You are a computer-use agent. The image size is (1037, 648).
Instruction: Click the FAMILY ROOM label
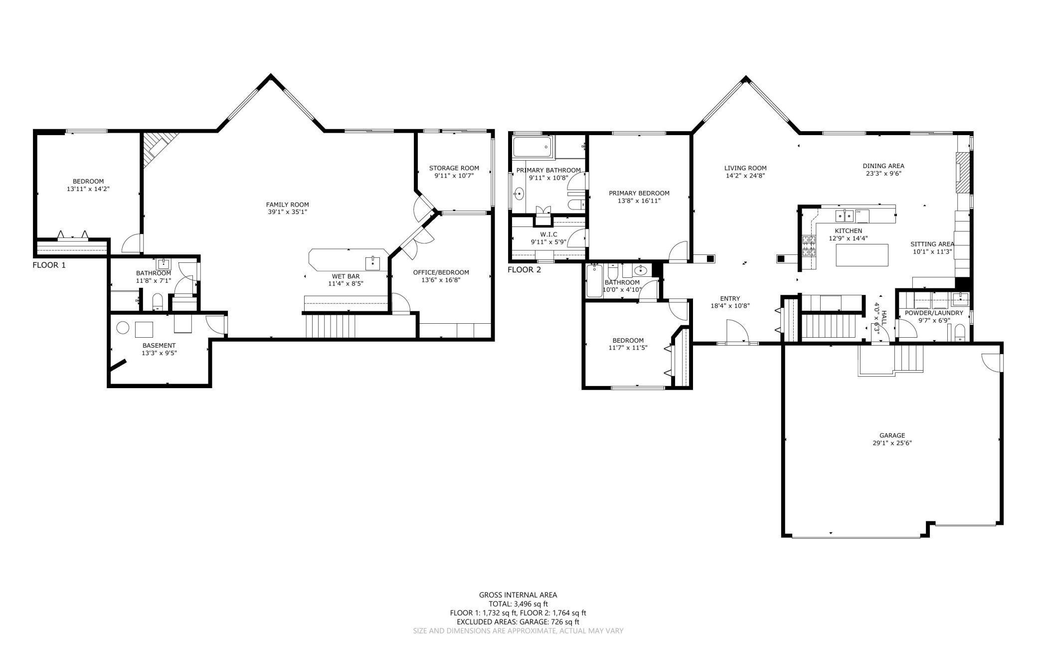[x=287, y=205]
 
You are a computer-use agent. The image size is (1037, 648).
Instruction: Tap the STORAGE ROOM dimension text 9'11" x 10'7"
[x=454, y=176]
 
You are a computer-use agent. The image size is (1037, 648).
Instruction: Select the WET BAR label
[x=346, y=276]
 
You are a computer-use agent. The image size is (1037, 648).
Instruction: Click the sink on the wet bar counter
[x=372, y=262]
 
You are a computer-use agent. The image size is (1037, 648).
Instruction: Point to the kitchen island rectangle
[x=862, y=255]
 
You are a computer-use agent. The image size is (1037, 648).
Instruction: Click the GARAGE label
[x=892, y=435]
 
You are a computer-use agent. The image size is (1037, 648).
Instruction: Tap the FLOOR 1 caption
[x=49, y=265]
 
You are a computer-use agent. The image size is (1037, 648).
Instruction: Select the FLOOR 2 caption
[x=524, y=270]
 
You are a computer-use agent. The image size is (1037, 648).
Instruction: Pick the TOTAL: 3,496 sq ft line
[x=518, y=604]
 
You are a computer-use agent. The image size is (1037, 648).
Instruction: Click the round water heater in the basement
[x=123, y=328]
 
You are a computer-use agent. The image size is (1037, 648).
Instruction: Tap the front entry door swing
[x=737, y=332]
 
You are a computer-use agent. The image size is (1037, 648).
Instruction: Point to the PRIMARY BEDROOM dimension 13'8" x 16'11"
[x=639, y=201]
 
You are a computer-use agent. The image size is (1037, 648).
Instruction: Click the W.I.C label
[x=548, y=234]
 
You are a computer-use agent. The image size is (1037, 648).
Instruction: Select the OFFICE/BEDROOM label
[x=441, y=272]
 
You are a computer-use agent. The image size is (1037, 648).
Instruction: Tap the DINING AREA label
[x=883, y=166]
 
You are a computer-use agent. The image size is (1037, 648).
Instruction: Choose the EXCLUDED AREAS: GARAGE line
[x=518, y=622]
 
